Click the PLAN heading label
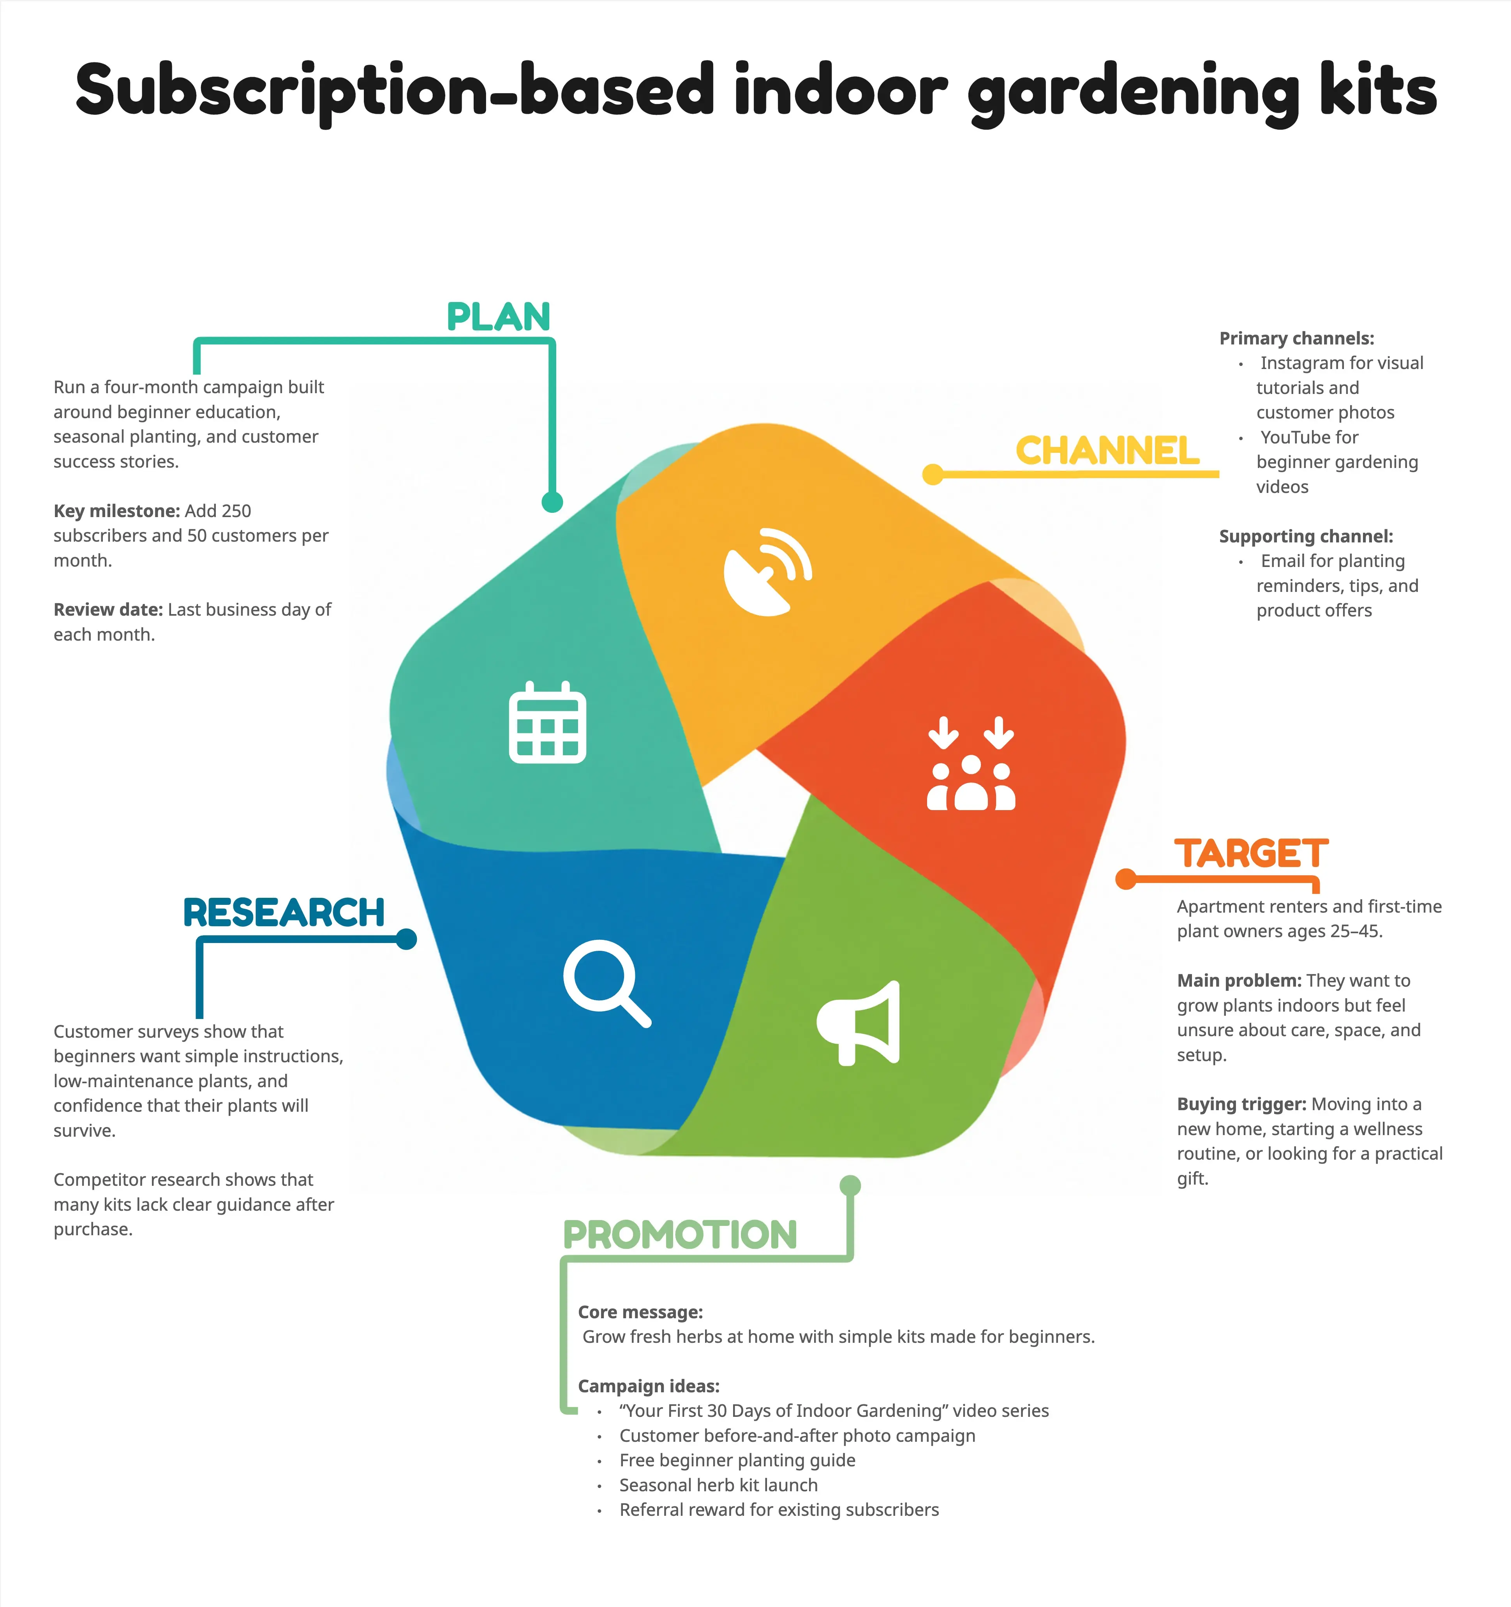[499, 317]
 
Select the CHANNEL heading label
[1107, 451]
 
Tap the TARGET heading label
[1251, 854]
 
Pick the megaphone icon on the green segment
[858, 1022]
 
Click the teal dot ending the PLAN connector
[552, 502]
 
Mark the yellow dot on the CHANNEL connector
[933, 475]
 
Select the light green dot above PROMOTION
[850, 1186]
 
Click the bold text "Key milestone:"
[116, 511]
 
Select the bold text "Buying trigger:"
[1241, 1104]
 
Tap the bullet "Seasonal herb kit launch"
[718, 1485]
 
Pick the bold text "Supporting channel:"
[1306, 536]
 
